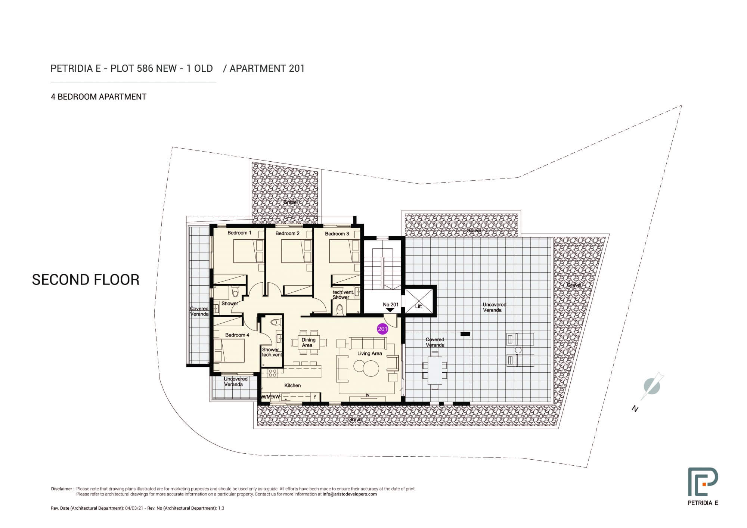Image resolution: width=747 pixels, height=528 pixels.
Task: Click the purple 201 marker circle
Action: pyautogui.click(x=382, y=329)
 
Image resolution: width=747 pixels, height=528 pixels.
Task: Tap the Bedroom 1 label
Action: pyautogui.click(x=239, y=233)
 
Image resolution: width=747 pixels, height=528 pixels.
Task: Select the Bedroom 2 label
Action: pyautogui.click(x=288, y=233)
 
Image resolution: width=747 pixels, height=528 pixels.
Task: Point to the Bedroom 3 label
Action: pyautogui.click(x=337, y=234)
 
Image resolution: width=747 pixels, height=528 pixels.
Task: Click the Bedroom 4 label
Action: pyautogui.click(x=237, y=335)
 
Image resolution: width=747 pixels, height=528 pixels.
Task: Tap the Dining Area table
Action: pyautogui.click(x=309, y=342)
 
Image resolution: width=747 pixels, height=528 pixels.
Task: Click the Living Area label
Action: pyautogui.click(x=369, y=353)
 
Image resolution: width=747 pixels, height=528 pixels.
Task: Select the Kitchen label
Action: pyautogui.click(x=292, y=385)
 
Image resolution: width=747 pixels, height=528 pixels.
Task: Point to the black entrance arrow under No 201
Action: pyautogui.click(x=390, y=310)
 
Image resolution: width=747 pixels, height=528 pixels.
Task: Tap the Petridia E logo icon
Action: pyautogui.click(x=703, y=492)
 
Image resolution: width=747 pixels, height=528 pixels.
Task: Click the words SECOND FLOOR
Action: pyautogui.click(x=86, y=280)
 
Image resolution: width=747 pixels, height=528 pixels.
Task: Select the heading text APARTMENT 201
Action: pyautogui.click(x=267, y=68)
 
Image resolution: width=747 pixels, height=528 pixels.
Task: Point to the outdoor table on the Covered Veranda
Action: pyautogui.click(x=435, y=370)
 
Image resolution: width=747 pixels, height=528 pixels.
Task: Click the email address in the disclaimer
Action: pyautogui.click(x=350, y=494)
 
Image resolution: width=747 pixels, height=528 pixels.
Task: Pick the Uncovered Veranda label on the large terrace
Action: pyautogui.click(x=494, y=307)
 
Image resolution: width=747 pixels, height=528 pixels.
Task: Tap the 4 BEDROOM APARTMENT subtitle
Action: pyautogui.click(x=99, y=97)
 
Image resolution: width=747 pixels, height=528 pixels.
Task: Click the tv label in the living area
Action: pyautogui.click(x=367, y=395)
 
